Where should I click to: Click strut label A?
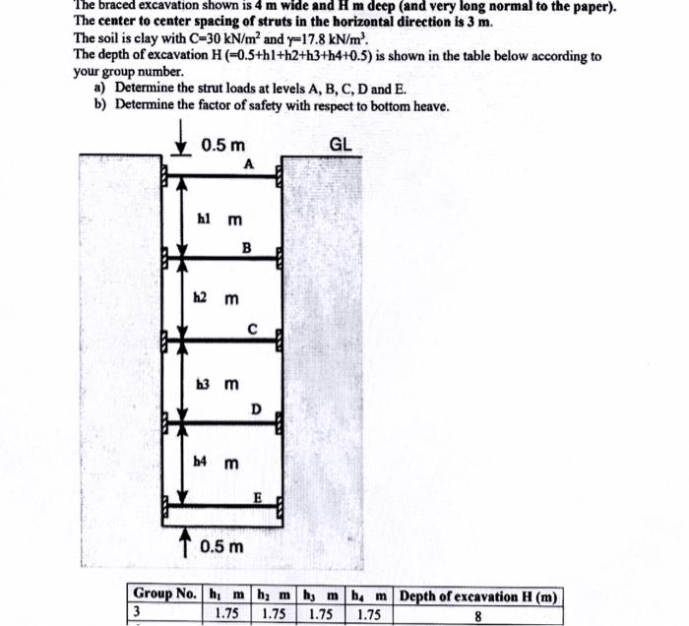click(249, 165)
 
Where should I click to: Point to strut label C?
click(252, 329)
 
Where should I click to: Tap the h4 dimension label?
click(204, 462)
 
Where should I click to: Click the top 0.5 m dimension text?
click(223, 146)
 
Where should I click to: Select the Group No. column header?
click(164, 596)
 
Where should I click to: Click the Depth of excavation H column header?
click(478, 596)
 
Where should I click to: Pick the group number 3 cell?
click(138, 613)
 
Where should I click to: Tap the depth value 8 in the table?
click(478, 614)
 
